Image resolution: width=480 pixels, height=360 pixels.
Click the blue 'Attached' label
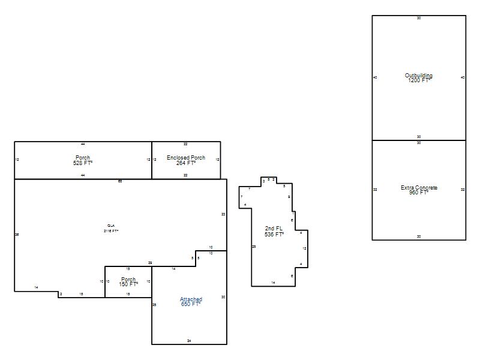191,299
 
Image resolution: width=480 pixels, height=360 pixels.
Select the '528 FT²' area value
83,163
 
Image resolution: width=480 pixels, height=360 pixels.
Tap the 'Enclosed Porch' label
186,158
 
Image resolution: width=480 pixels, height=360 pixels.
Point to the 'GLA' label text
111,226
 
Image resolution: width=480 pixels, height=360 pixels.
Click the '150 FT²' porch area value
128,284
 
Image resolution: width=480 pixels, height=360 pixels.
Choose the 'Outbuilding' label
419,76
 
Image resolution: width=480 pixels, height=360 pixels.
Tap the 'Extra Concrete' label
419,188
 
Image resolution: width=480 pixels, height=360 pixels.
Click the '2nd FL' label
274,229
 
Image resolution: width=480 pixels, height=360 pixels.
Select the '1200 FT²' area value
419,80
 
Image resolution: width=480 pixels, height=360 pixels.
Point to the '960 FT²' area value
419,193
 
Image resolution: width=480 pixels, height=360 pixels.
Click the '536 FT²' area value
274,234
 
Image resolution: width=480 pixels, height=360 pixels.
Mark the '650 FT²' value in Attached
191,304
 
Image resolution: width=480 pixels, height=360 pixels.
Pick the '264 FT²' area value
186,163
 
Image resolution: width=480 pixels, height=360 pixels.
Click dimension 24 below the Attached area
189,341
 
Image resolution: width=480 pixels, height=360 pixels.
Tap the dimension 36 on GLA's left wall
17,235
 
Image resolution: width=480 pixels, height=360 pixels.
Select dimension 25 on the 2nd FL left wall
254,247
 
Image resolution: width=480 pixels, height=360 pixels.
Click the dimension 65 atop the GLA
120,181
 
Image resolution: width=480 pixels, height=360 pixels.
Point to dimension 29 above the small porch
150,263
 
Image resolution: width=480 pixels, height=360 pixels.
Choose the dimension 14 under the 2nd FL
273,282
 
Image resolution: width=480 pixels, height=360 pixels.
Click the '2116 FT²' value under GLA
111,231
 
